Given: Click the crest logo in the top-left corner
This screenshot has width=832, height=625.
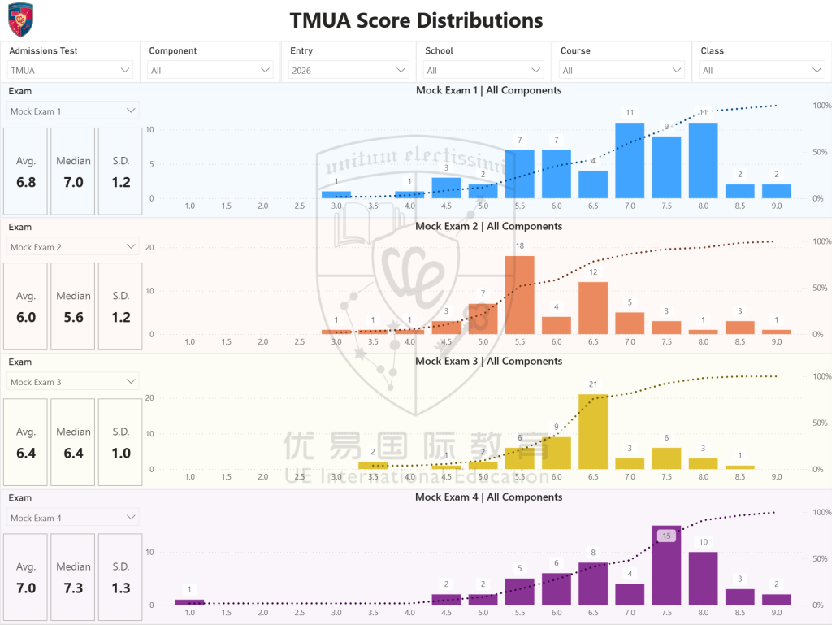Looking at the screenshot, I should (20, 20).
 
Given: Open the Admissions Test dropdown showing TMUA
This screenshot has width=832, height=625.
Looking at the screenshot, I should (70, 71).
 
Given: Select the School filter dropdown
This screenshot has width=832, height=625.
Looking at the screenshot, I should (483, 71).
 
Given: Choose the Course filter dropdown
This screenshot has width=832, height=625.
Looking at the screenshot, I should (621, 71).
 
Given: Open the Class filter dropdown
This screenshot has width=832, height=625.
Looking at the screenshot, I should (761, 71).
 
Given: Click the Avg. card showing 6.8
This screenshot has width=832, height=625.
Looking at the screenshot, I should (26, 171).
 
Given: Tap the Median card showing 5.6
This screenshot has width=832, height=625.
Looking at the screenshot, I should (73, 306).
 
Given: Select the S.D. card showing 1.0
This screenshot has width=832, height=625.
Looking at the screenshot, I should (120, 442).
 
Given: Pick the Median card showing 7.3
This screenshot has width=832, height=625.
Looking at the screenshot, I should (73, 577).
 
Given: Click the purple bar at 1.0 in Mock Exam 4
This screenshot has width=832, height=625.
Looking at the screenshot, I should (189, 602).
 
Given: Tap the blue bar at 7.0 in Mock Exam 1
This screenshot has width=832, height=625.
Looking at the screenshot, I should (630, 161).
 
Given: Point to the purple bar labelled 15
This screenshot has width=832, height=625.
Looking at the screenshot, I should (666, 569).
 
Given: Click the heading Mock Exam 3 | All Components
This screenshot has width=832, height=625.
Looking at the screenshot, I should (488, 361).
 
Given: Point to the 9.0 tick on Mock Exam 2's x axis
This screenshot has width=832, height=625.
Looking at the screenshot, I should (776, 342).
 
